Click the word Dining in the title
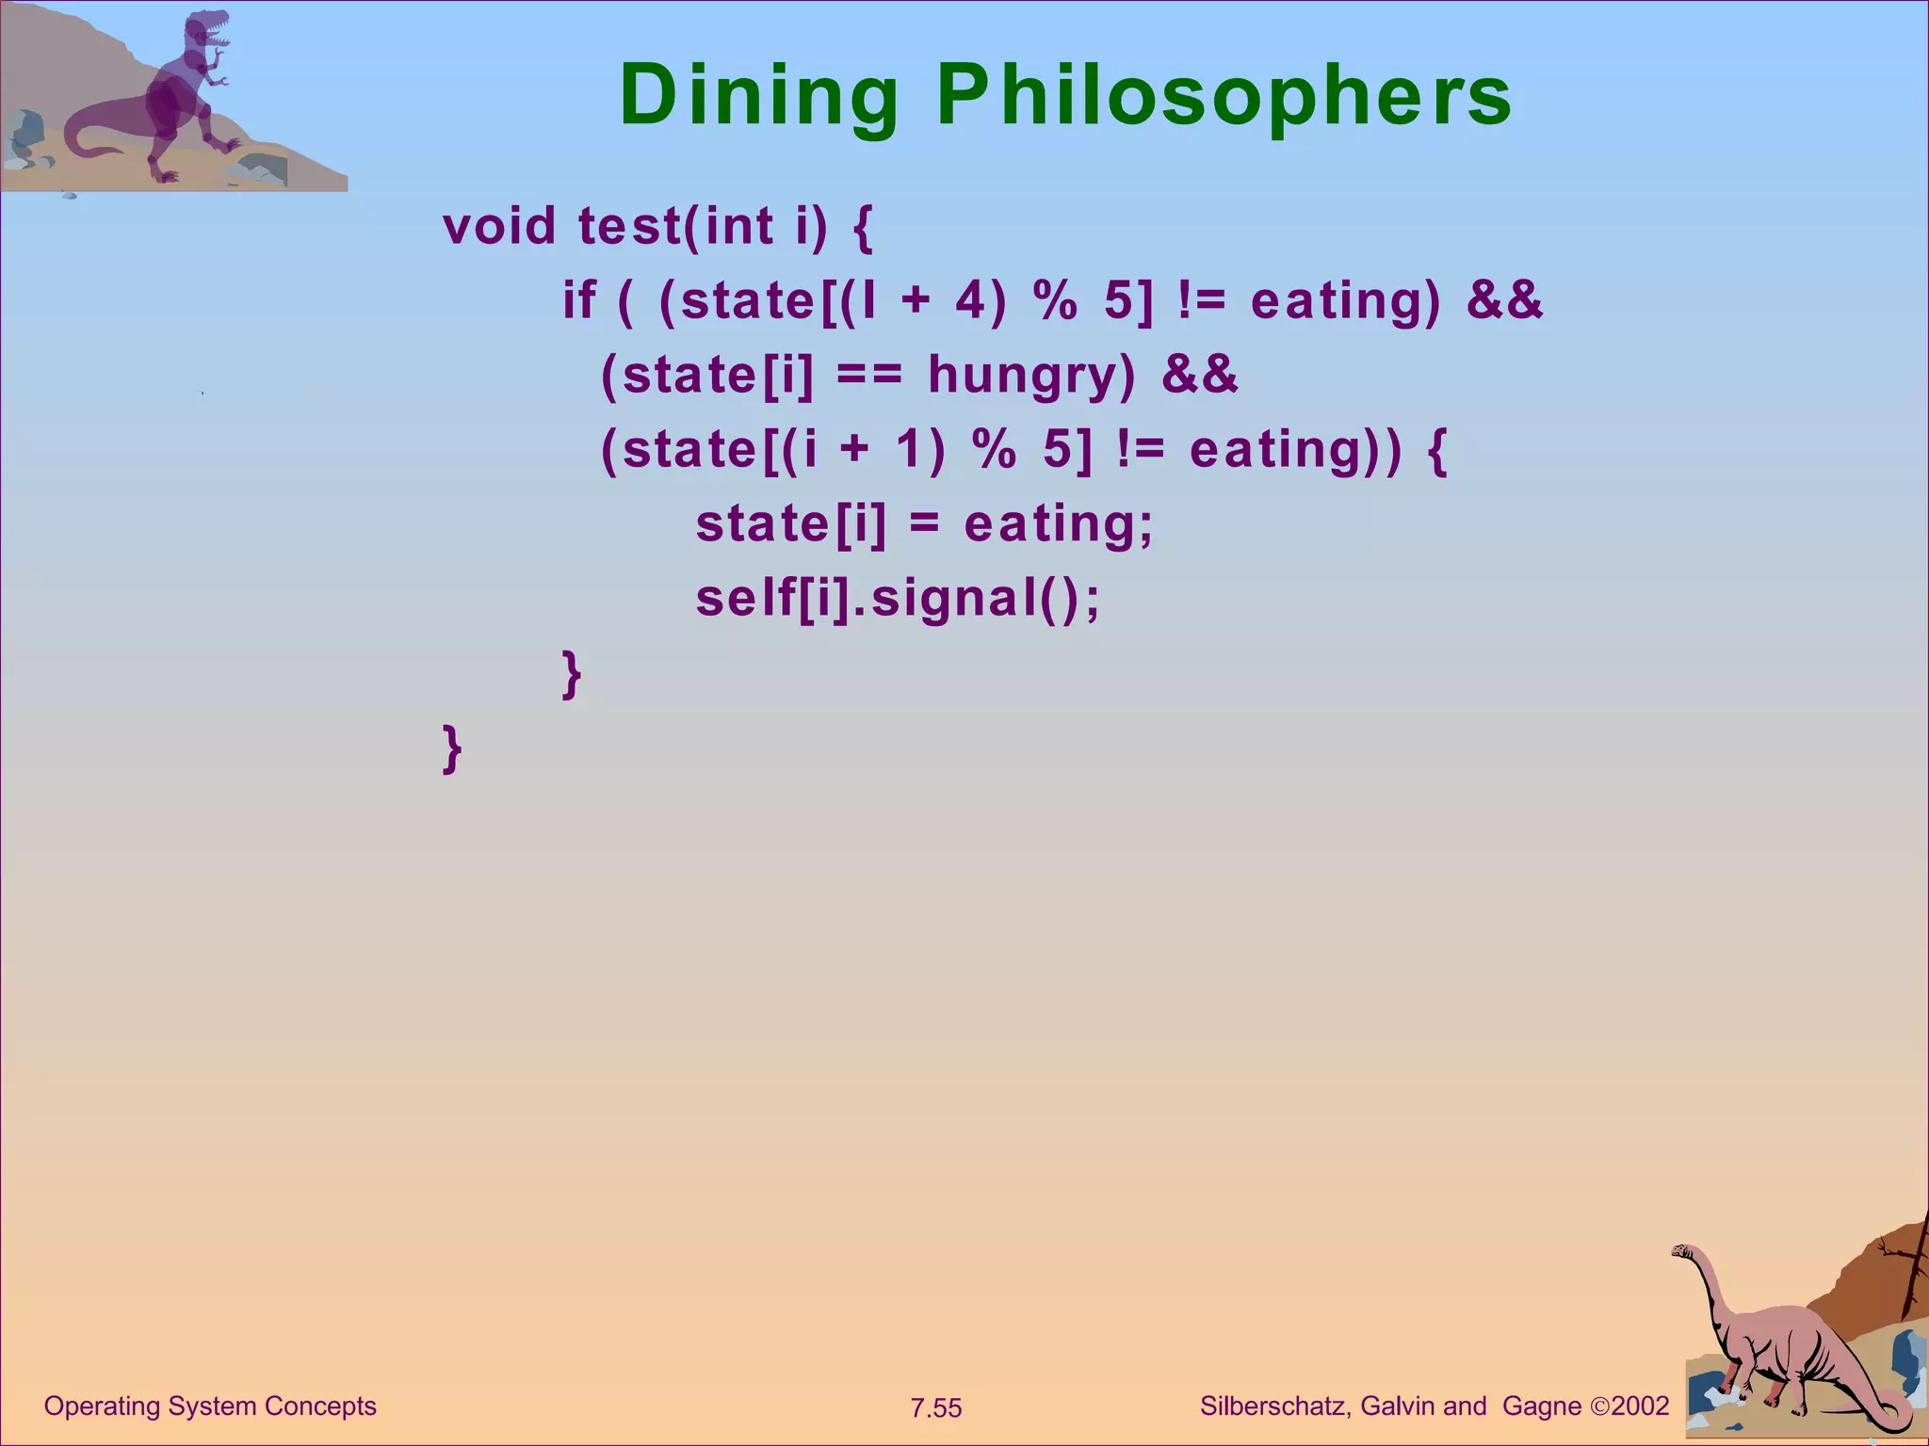(759, 96)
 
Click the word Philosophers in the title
(1224, 96)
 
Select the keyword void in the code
(499, 226)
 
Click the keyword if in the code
(578, 300)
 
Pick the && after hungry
(1200, 375)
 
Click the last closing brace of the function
(452, 747)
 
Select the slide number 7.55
(936, 1408)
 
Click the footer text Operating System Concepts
(210, 1406)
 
